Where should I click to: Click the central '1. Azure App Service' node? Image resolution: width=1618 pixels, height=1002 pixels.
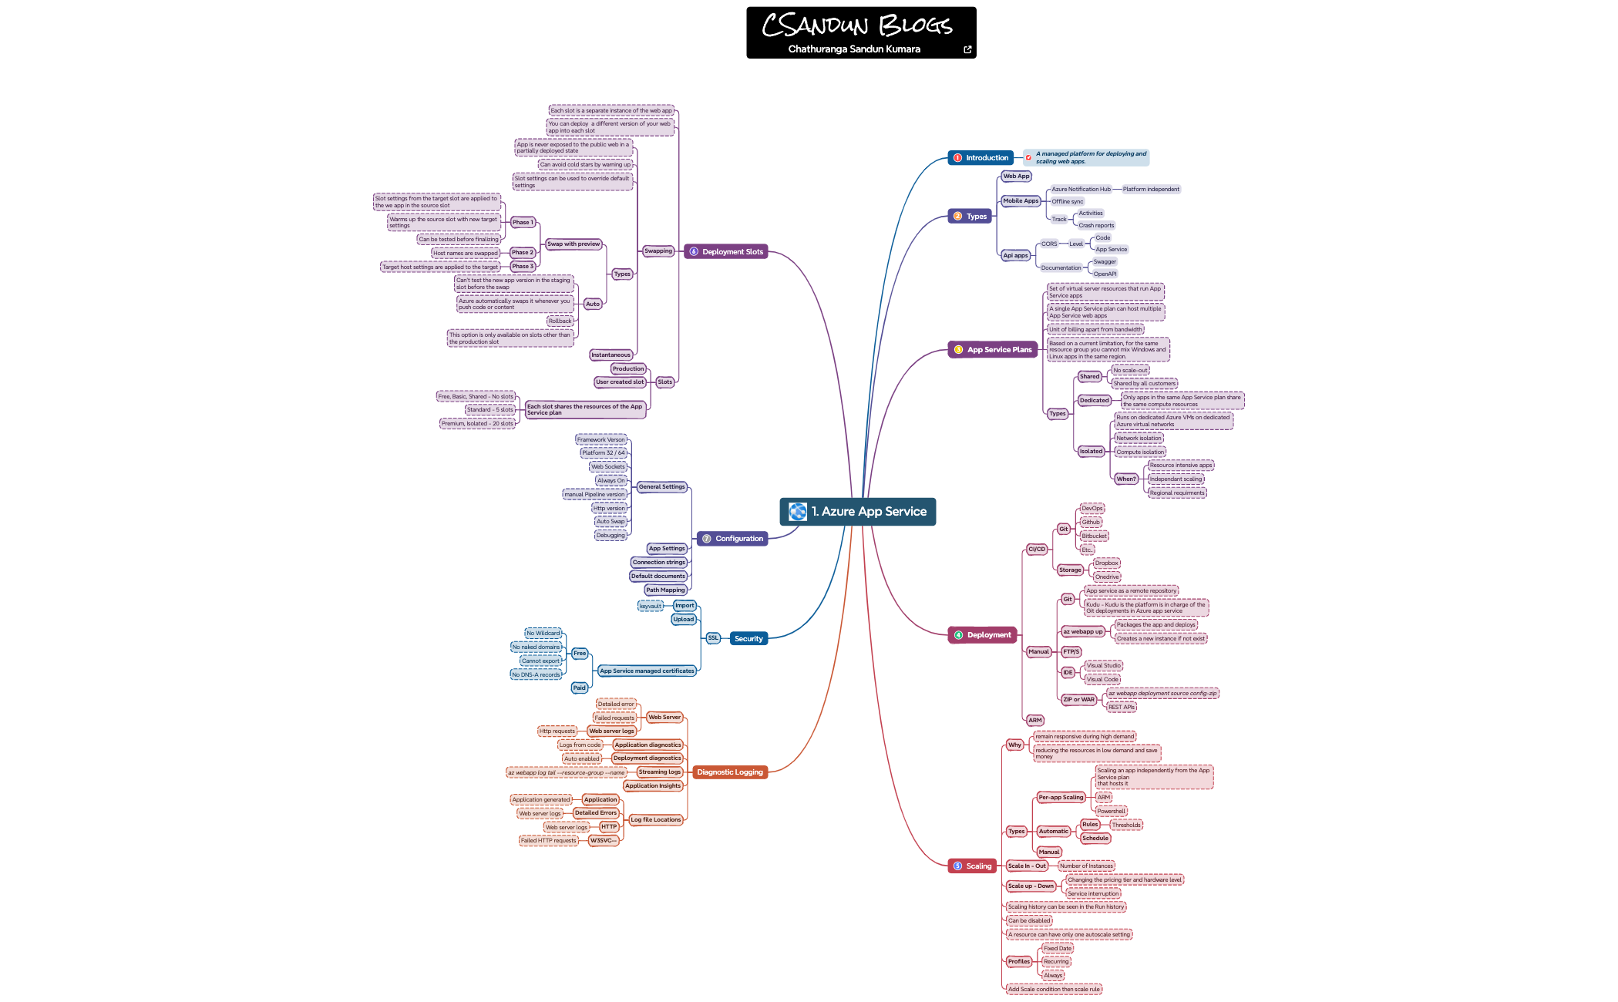pyautogui.click(x=858, y=512)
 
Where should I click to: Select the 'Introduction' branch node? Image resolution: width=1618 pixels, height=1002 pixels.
pyautogui.click(x=981, y=158)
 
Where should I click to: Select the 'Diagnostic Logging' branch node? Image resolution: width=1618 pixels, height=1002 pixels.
pyautogui.click(x=729, y=772)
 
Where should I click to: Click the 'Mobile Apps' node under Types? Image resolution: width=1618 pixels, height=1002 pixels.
pyautogui.click(x=1021, y=201)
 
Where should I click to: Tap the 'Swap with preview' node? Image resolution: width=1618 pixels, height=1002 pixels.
pyautogui.click(x=574, y=244)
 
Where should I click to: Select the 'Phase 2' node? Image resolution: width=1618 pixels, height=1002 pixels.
pyautogui.click(x=522, y=253)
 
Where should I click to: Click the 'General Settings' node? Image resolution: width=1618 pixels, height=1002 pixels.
pyautogui.click(x=661, y=487)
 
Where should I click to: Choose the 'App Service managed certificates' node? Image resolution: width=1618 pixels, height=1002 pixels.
pyautogui.click(x=647, y=671)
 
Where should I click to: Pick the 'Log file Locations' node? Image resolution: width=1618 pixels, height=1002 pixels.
pyautogui.click(x=656, y=820)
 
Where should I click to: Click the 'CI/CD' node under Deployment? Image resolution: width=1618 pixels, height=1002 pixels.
pyautogui.click(x=1037, y=550)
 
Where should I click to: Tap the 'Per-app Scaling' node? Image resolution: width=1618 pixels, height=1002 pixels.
pyautogui.click(x=1061, y=798)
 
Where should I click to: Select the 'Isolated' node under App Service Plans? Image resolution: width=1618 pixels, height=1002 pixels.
pyautogui.click(x=1091, y=452)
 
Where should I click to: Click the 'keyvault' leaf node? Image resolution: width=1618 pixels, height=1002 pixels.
pyautogui.click(x=651, y=607)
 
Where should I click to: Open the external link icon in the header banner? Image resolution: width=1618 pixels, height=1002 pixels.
pyautogui.click(x=967, y=50)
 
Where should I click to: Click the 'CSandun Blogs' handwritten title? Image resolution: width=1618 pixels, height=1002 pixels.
pyautogui.click(x=857, y=25)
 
